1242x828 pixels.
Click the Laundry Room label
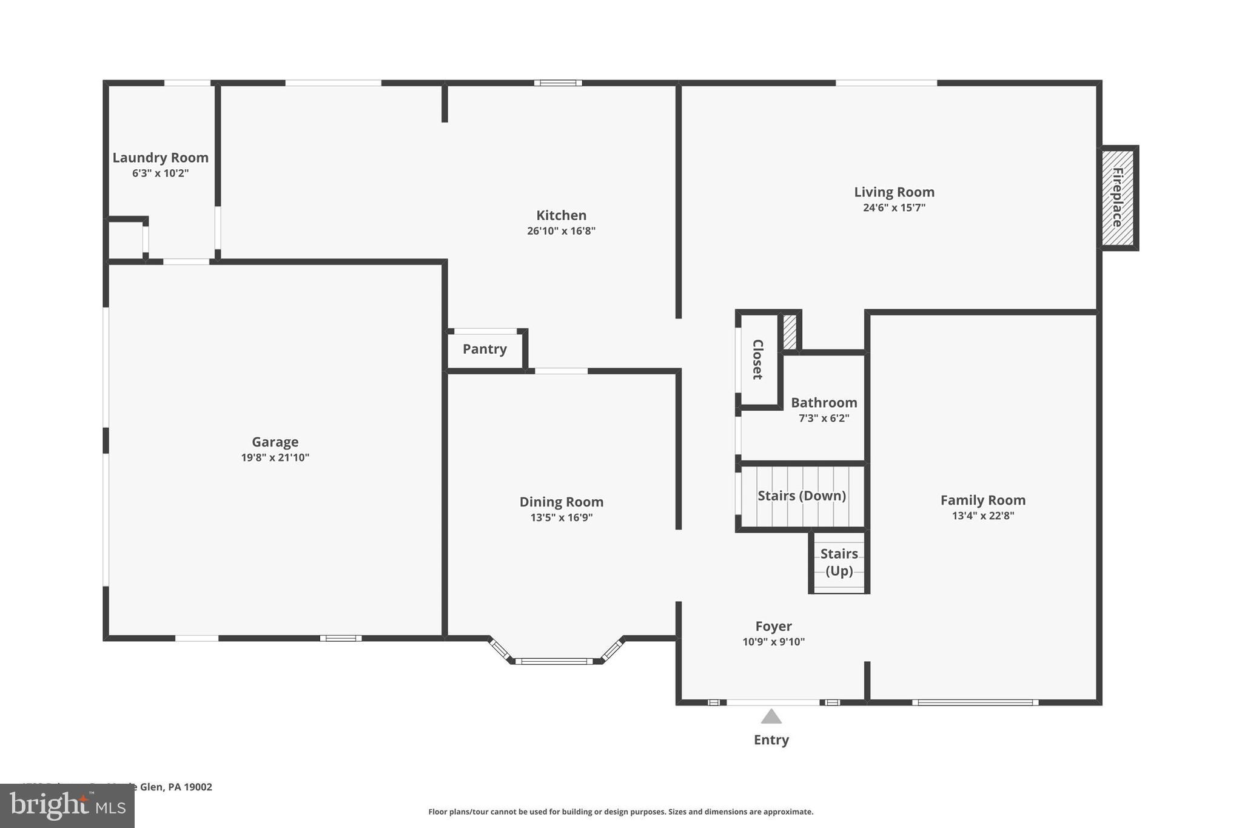(x=160, y=158)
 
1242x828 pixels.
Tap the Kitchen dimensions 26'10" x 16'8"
(x=561, y=231)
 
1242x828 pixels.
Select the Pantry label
(x=485, y=349)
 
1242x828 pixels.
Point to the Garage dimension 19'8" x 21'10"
(x=275, y=458)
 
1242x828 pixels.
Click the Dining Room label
(x=561, y=502)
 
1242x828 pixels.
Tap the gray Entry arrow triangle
(x=771, y=718)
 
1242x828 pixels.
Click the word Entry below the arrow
(x=771, y=740)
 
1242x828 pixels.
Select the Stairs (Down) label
(x=801, y=496)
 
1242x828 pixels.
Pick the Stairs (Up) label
(x=839, y=562)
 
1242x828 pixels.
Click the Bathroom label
(x=824, y=403)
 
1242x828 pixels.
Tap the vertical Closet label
(x=757, y=360)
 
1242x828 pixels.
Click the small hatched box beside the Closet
(x=789, y=332)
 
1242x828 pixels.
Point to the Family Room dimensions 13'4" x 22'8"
(x=982, y=516)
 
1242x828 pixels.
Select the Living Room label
(x=894, y=192)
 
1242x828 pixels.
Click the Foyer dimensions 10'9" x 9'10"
(x=773, y=642)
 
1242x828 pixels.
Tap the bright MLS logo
(x=67, y=806)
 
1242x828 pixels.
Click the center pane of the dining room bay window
(x=554, y=661)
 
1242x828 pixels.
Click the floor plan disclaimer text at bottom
(x=620, y=812)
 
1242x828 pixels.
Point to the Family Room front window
(x=975, y=702)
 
